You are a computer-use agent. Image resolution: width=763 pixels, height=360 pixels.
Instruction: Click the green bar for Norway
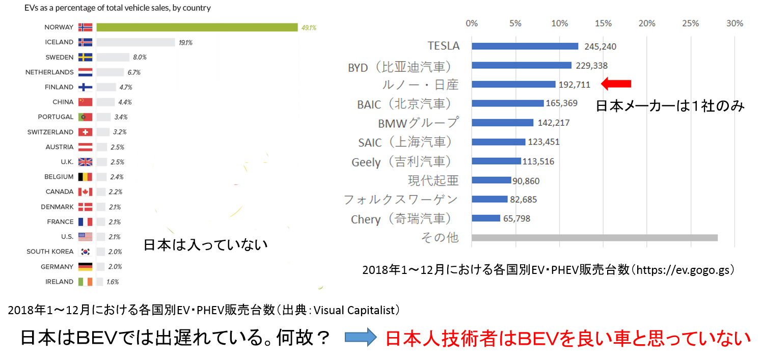(197, 27)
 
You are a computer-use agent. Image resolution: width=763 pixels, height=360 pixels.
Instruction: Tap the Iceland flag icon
(85, 42)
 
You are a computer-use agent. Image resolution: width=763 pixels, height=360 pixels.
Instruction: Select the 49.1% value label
(308, 27)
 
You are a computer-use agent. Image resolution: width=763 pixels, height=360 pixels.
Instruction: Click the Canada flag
(85, 192)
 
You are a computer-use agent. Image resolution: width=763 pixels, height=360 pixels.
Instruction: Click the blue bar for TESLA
(525, 46)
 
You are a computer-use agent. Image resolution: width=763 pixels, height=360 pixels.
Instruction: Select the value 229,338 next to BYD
(592, 66)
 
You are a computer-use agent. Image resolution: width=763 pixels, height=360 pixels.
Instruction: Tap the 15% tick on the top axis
(603, 23)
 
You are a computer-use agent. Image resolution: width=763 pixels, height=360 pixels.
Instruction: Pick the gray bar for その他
(594, 238)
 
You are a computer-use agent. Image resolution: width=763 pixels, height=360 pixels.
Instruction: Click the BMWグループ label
(418, 123)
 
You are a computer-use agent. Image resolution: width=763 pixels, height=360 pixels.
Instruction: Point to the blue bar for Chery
(486, 218)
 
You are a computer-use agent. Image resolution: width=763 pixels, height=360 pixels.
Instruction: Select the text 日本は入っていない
(205, 245)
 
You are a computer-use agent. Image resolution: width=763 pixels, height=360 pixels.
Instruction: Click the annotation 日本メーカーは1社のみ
(670, 106)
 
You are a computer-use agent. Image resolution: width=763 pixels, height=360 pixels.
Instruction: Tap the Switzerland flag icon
(85, 132)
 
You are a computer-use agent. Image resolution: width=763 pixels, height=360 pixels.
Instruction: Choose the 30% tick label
(734, 23)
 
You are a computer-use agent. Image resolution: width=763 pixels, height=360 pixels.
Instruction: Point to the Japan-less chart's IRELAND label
(60, 282)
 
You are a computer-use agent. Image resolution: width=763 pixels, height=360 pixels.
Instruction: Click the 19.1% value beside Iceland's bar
(185, 43)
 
